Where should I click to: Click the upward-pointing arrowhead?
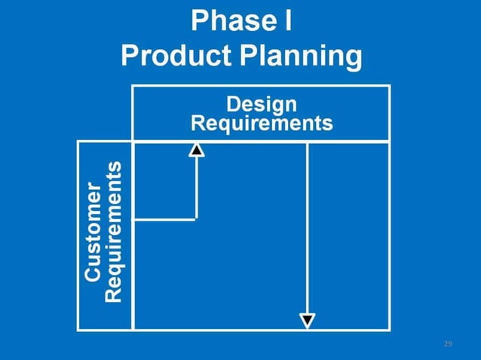click(196, 149)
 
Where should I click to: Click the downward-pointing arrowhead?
click(307, 321)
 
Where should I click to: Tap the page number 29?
click(448, 343)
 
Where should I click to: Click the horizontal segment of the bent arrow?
click(164, 219)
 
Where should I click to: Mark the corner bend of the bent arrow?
click(196, 219)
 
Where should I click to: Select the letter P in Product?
click(130, 56)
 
